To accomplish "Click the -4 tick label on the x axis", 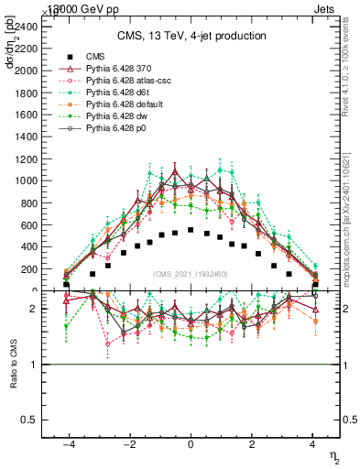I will [67, 444].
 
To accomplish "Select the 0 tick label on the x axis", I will [191, 444].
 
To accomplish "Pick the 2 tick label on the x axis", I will [252, 444].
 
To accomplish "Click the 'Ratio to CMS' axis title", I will [13, 389].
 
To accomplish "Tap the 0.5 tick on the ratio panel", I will [28, 420].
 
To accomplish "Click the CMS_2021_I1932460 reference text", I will [191, 274].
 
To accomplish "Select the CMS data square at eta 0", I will [191, 230].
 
